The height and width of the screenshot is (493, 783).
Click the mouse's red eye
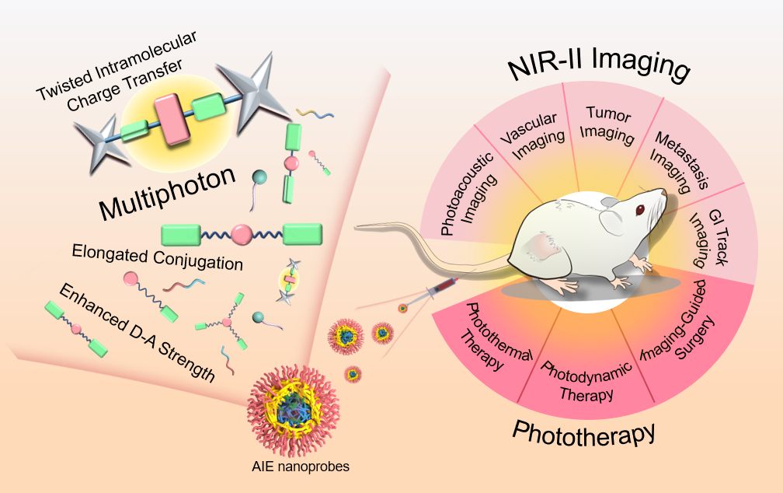640,210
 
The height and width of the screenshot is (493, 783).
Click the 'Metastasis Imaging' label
672,160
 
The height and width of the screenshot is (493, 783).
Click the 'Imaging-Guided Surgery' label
676,342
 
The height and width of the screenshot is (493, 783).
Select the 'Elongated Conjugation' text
157,257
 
